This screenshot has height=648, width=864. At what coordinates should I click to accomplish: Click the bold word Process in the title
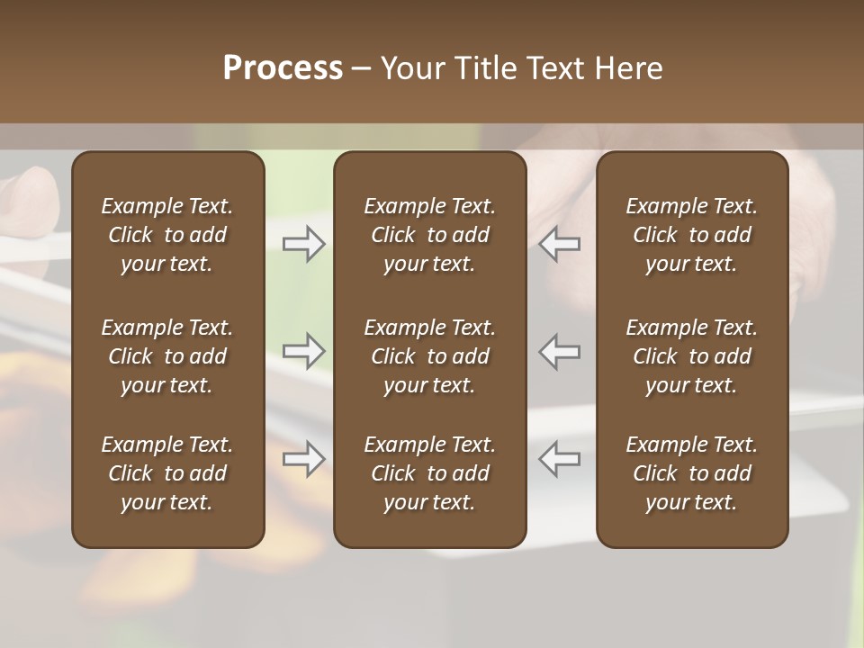click(x=283, y=68)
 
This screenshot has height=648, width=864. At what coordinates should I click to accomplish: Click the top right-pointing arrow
click(x=304, y=244)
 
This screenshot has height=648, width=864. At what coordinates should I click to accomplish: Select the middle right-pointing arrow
click(x=304, y=350)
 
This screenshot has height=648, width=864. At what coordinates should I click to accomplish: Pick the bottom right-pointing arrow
click(x=304, y=459)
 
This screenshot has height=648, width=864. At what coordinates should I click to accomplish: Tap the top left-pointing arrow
click(x=559, y=244)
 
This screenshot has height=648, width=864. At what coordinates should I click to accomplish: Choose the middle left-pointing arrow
click(x=559, y=350)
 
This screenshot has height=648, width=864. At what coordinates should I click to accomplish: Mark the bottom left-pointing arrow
click(x=559, y=459)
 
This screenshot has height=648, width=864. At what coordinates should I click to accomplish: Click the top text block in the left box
click(x=167, y=235)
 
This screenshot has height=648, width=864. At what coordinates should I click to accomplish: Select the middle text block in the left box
click(x=167, y=356)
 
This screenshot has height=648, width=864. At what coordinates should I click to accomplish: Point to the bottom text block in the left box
click(x=167, y=473)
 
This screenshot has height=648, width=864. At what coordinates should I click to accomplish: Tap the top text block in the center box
click(x=429, y=235)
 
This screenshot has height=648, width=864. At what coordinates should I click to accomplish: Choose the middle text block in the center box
click(x=429, y=356)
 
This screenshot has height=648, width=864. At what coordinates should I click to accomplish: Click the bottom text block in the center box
click(x=429, y=473)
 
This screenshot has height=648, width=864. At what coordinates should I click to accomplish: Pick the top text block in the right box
click(x=691, y=235)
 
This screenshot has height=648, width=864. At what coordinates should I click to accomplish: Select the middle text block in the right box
click(x=691, y=356)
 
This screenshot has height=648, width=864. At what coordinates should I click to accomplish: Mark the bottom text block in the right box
click(x=691, y=473)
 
